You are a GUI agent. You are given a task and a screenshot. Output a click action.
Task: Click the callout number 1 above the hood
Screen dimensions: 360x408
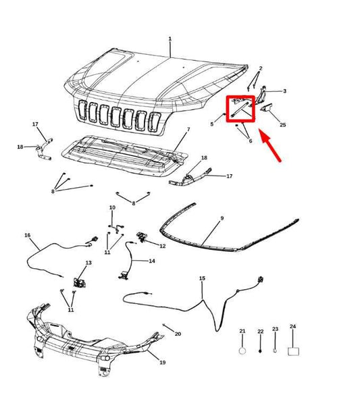pyautogui.click(x=170, y=39)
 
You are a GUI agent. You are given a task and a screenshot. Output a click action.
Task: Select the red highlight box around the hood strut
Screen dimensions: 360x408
pyautogui.click(x=240, y=109)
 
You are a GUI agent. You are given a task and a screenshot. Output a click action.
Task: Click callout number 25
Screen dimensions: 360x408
pyautogui.click(x=283, y=125)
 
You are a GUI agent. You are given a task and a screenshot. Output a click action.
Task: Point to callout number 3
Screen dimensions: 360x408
pyautogui.click(x=284, y=91)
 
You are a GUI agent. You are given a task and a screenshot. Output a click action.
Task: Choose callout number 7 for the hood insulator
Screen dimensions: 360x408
pyautogui.click(x=188, y=129)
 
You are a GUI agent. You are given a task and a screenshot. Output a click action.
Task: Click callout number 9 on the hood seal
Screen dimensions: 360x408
pyautogui.click(x=222, y=218)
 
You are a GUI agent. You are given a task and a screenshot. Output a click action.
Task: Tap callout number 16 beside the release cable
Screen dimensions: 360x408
pyautogui.click(x=27, y=235)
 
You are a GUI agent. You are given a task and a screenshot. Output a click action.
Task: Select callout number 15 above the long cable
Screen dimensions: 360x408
pyautogui.click(x=202, y=278)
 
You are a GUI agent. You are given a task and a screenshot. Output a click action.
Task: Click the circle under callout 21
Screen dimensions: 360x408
pyautogui.click(x=242, y=351)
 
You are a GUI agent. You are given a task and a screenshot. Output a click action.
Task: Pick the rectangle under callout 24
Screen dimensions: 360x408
pyautogui.click(x=293, y=352)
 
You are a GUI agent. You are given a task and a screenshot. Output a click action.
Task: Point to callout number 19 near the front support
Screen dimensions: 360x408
pyautogui.click(x=162, y=362)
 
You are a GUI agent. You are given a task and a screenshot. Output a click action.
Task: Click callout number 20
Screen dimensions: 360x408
pyautogui.click(x=178, y=334)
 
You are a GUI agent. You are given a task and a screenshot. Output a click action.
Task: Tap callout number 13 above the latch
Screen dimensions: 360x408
pyautogui.click(x=88, y=263)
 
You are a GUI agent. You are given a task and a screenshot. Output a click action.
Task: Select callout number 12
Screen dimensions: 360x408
pyautogui.click(x=162, y=246)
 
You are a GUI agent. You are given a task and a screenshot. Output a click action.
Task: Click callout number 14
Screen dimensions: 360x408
pyautogui.click(x=152, y=261)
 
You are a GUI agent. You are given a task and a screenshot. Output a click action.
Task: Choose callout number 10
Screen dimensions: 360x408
pyautogui.click(x=112, y=207)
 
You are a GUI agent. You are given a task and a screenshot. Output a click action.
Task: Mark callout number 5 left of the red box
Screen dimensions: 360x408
pyautogui.click(x=211, y=124)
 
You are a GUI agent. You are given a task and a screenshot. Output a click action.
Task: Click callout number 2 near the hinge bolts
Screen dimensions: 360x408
pyautogui.click(x=261, y=68)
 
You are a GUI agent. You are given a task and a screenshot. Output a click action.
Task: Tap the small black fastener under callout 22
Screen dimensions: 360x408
pyautogui.click(x=260, y=351)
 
